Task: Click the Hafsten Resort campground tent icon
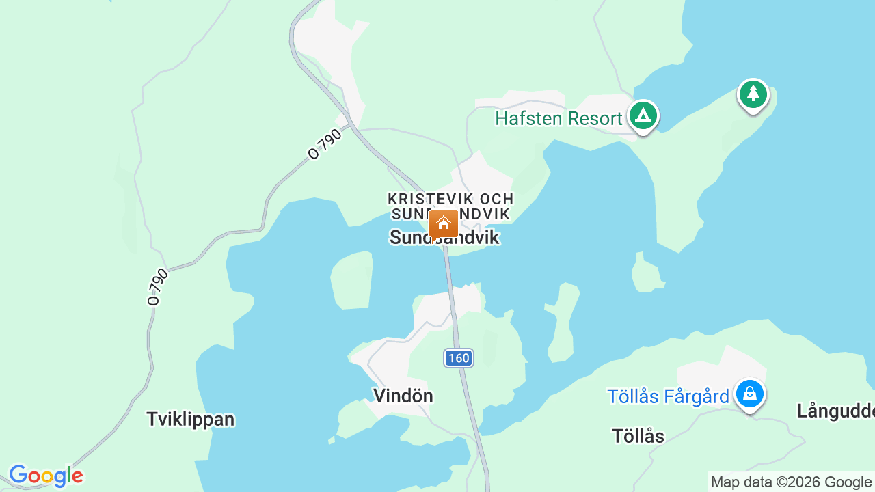(643, 115)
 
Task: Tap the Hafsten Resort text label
(558, 119)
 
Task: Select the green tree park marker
(753, 94)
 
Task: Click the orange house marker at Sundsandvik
(444, 223)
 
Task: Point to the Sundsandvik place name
(444, 238)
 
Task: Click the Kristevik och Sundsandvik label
(450, 206)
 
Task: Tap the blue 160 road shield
(459, 357)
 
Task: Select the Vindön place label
(403, 396)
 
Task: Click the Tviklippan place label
(191, 419)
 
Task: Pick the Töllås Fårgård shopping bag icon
(749, 394)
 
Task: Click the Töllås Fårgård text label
(668, 396)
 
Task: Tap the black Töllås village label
(638, 436)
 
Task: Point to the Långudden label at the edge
(835, 411)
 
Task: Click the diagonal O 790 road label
(325, 145)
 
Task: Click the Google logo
(46, 476)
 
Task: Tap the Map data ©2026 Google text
(791, 482)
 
